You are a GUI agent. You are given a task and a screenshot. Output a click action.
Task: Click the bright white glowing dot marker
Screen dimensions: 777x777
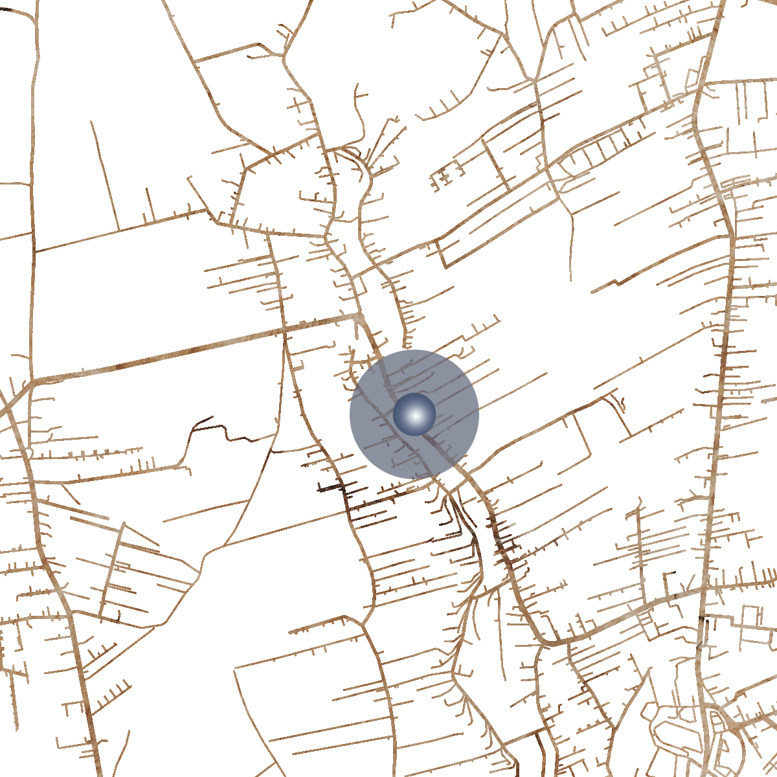tap(414, 414)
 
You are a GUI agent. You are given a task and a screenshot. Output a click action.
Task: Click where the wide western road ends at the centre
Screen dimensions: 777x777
tap(358, 316)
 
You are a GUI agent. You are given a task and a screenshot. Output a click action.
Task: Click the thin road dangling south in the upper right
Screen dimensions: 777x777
tap(571, 246)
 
